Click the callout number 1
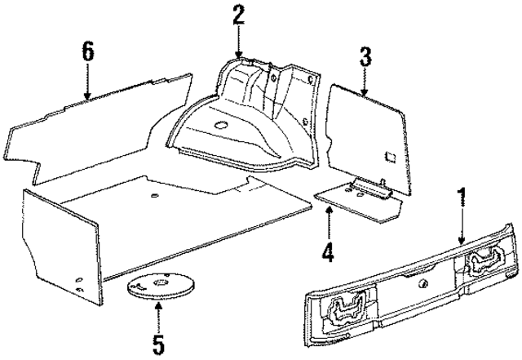[x=462, y=198]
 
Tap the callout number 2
[x=238, y=15]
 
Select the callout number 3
[x=365, y=56]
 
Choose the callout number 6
[x=87, y=50]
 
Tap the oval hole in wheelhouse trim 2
[x=221, y=125]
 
